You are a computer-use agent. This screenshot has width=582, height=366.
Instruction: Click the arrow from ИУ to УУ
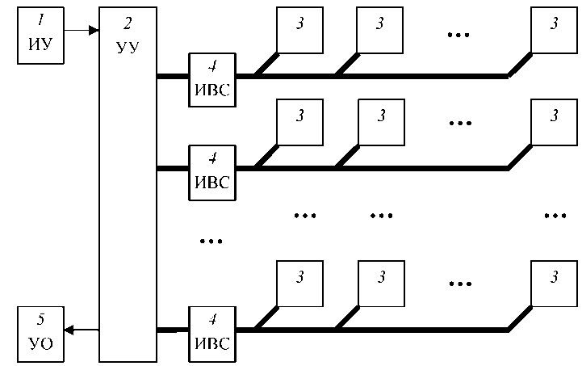(x=80, y=31)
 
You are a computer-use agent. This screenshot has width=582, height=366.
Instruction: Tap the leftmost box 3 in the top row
(x=299, y=31)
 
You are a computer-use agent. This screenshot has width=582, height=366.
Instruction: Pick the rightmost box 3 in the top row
(x=554, y=31)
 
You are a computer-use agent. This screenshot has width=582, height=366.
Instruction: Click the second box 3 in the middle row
(x=379, y=122)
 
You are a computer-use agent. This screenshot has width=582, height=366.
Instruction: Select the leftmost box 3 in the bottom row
(x=299, y=284)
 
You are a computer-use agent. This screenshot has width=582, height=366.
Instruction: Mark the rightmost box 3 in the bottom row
(x=554, y=284)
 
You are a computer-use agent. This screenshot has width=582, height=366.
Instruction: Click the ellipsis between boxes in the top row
(x=459, y=34)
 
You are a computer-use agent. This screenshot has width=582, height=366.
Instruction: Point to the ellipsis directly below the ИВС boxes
(x=210, y=240)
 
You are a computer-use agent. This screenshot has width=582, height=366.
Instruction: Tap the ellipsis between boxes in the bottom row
(x=459, y=285)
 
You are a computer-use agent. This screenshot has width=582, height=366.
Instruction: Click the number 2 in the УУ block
(x=128, y=19)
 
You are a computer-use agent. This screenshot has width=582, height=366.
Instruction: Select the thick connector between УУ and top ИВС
(x=172, y=77)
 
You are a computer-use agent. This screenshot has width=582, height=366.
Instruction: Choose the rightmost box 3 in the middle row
(x=554, y=122)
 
